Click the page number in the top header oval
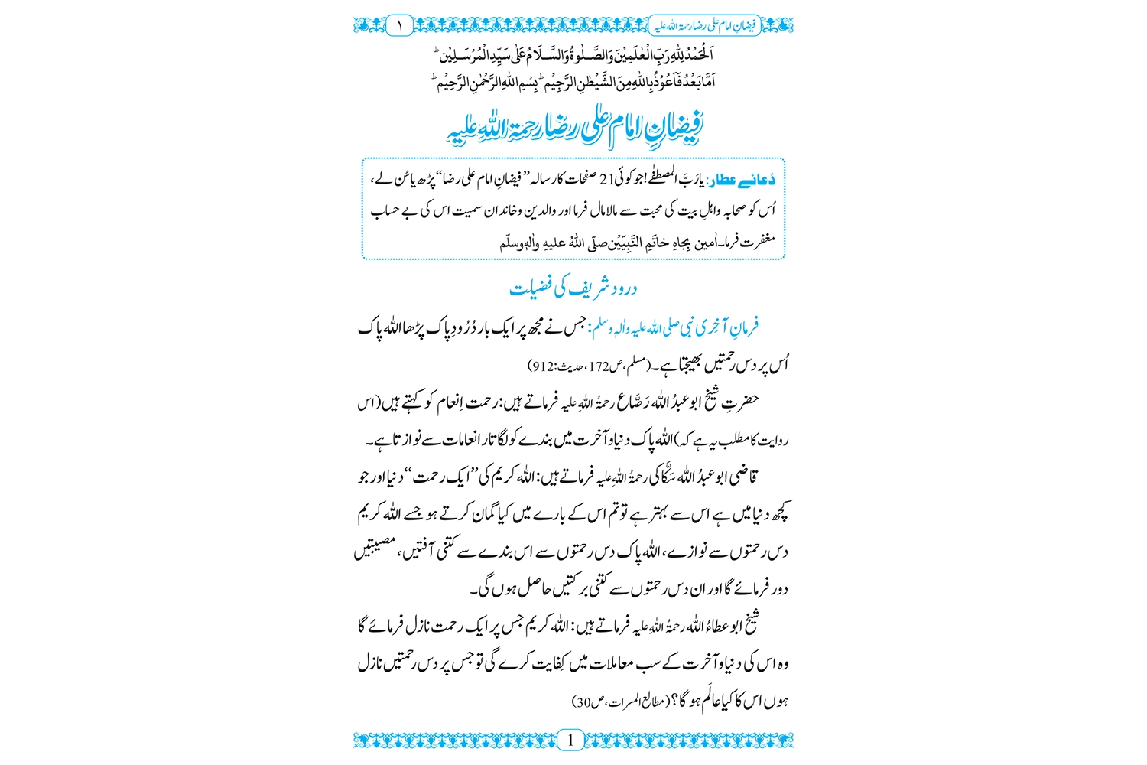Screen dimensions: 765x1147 pyautogui.click(x=399, y=25)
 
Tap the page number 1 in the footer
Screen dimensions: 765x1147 pyautogui.click(x=570, y=740)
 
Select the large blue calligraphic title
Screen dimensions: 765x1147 pyautogui.click(x=575, y=129)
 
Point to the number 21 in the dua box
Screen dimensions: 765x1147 pyautogui.click(x=606, y=181)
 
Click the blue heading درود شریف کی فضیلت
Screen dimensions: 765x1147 pyautogui.click(x=573, y=288)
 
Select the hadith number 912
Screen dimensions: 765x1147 pyautogui.click(x=542, y=367)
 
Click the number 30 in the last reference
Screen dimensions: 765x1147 pyautogui.click(x=583, y=702)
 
